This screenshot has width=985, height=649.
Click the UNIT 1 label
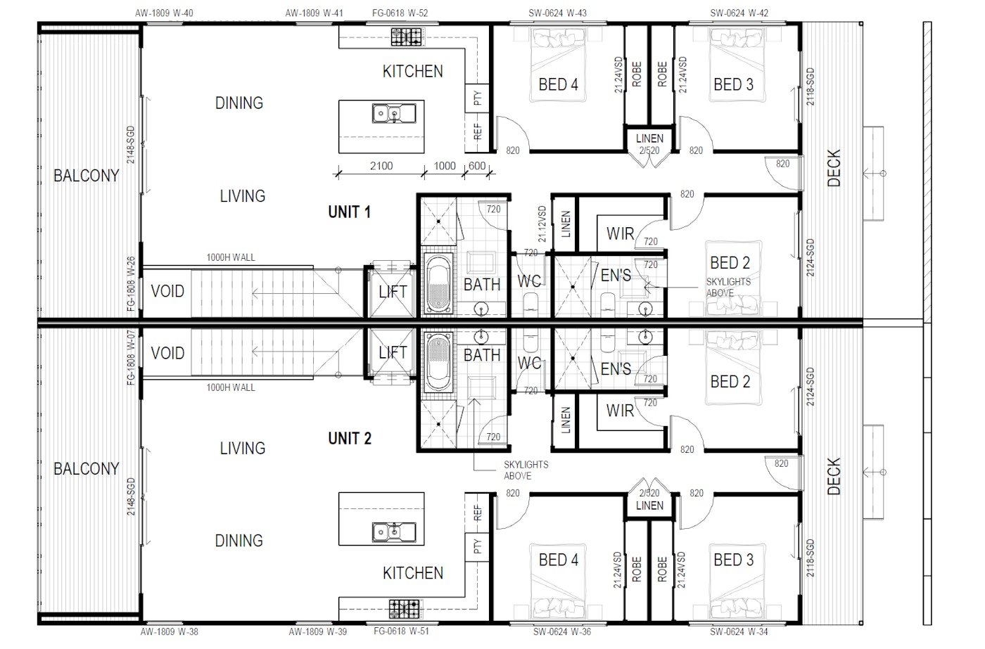(x=349, y=212)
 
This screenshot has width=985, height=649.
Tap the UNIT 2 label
(x=349, y=439)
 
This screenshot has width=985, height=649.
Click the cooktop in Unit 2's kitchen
(x=405, y=608)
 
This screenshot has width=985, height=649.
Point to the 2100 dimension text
(x=381, y=166)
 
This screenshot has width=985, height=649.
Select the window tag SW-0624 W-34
(x=739, y=631)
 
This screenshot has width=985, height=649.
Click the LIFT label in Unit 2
(x=393, y=353)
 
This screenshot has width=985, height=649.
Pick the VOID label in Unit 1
(x=167, y=291)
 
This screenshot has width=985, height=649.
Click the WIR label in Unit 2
(x=620, y=410)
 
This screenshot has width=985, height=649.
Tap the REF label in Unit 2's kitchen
(x=478, y=513)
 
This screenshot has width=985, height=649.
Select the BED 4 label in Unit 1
(x=558, y=85)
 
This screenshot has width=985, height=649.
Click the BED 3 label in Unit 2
(x=733, y=560)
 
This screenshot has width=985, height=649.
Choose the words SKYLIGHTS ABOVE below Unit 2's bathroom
(x=526, y=470)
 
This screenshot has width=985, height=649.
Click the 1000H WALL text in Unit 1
(x=231, y=258)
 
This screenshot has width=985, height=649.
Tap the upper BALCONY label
(x=86, y=176)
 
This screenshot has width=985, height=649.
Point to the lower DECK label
(x=834, y=476)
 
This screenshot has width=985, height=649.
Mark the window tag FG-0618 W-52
(x=400, y=13)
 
